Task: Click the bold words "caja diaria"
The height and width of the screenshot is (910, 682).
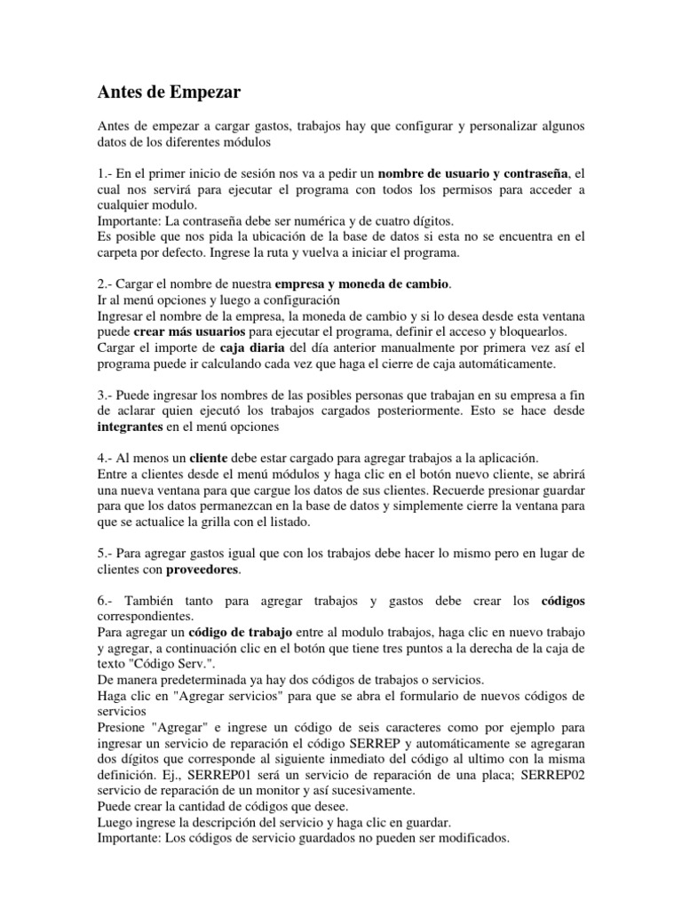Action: click(x=250, y=347)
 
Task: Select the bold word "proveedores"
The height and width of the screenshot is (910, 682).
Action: click(x=203, y=571)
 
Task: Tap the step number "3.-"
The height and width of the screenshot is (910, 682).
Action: click(x=107, y=395)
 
